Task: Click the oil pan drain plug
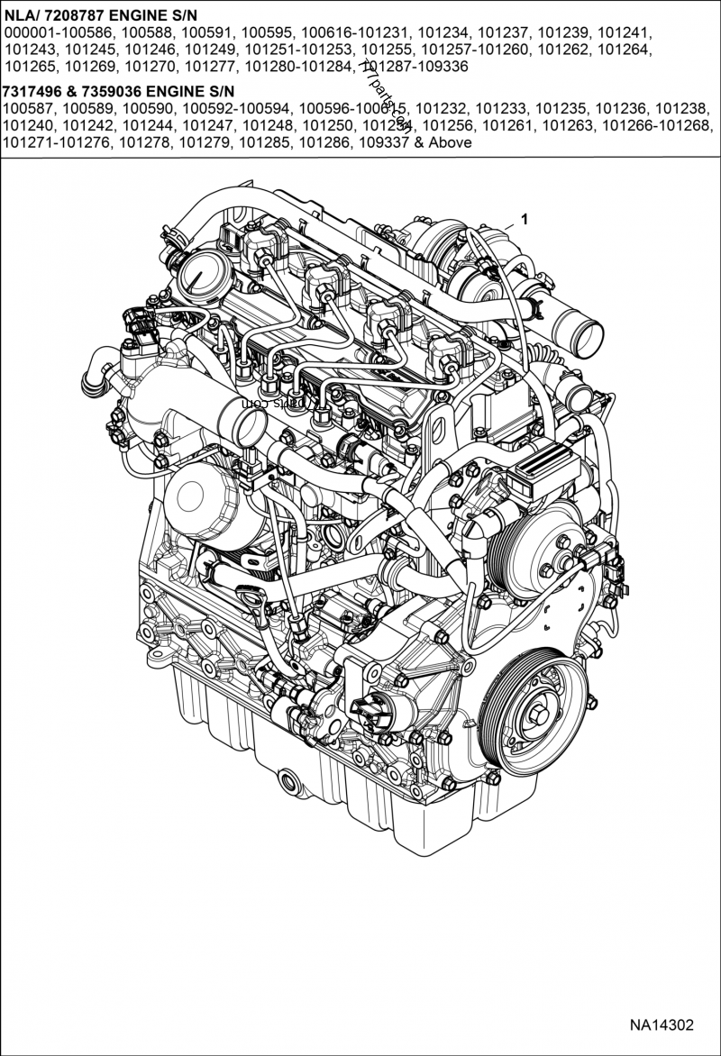point(287,779)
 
